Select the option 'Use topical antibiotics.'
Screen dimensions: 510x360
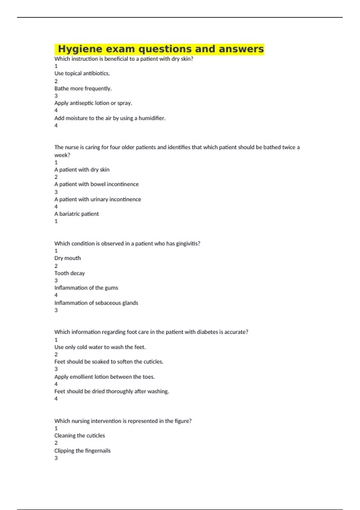pyautogui.click(x=82, y=73)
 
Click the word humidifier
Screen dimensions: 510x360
pyautogui.click(x=152, y=118)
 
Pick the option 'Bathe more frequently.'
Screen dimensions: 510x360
pyautogui.click(x=83, y=88)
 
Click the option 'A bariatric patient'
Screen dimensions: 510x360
pyautogui.click(x=76, y=214)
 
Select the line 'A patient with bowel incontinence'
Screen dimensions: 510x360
pyautogui.click(x=96, y=184)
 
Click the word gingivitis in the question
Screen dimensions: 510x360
pyautogui.click(x=188, y=244)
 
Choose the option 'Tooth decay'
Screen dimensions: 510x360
pyautogui.click(x=70, y=273)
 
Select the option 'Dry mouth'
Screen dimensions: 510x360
pyautogui.click(x=67, y=258)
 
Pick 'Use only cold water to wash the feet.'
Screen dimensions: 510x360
pyautogui.click(x=100, y=347)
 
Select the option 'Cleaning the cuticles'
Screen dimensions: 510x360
pyautogui.click(x=79, y=436)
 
